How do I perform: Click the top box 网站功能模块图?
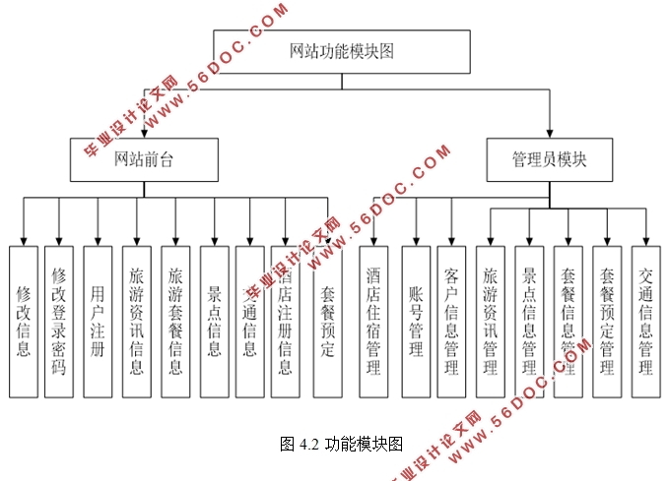point(341,51)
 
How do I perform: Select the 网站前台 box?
point(144,159)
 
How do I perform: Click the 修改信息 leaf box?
point(24,321)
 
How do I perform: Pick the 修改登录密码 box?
point(59,321)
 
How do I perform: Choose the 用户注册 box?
point(97,321)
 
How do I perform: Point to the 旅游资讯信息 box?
point(136,321)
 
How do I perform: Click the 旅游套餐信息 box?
point(175,321)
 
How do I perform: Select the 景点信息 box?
point(214,321)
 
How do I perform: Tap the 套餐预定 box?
point(327,321)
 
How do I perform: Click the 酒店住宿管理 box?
point(372,321)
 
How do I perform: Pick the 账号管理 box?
point(415,321)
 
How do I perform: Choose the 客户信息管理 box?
point(451,321)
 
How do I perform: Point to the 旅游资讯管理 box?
point(491,321)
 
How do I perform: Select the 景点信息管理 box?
point(529,321)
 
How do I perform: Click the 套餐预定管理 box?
point(608,321)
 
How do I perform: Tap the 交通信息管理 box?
point(646,321)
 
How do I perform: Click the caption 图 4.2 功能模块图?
point(341,444)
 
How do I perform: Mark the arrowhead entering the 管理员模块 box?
point(550,134)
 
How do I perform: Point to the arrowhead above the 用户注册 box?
point(97,240)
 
